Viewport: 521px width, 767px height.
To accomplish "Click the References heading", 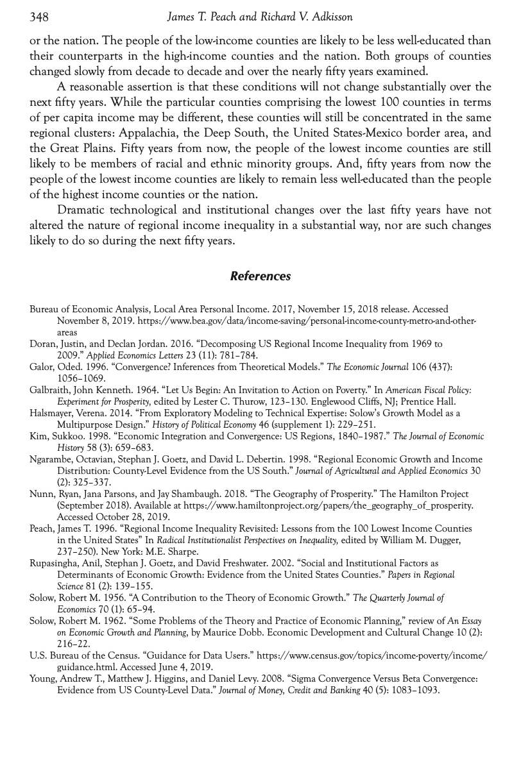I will click(260, 276).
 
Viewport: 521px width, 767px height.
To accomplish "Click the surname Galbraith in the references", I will click(49, 390).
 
